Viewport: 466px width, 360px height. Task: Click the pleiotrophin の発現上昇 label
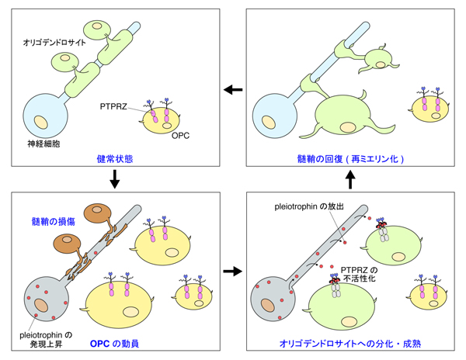pos(41,334)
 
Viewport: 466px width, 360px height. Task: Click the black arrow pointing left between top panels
pos(233,90)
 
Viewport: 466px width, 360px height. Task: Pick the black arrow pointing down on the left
pos(114,182)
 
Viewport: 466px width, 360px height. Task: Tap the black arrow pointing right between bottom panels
pos(233,272)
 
